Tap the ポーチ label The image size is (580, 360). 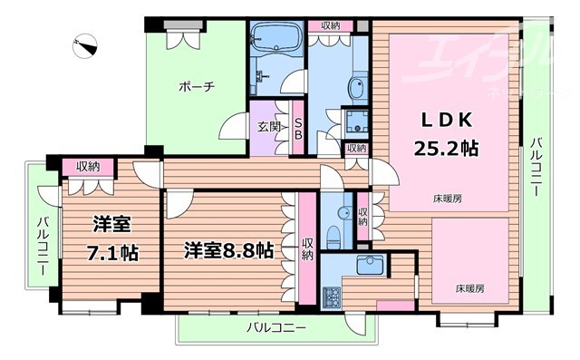pos(196,87)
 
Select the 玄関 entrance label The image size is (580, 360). pos(268,127)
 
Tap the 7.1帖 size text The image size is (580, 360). pos(114,253)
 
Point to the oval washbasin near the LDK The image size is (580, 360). pos(355,90)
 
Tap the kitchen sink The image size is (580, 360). pos(369,265)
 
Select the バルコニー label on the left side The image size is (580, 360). pos(43,238)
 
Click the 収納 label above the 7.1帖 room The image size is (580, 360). pos(88,166)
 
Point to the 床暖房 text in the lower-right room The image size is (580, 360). pos(469,288)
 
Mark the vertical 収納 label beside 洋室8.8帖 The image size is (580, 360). pos(308,248)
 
